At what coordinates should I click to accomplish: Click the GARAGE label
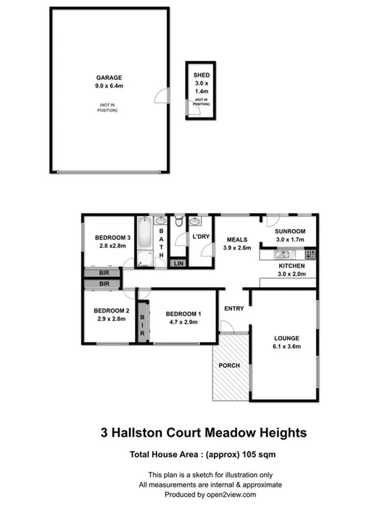109,77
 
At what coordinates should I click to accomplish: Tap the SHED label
200,75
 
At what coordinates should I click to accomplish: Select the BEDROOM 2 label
112,311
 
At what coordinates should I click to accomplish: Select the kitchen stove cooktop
310,255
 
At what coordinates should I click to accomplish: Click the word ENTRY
234,308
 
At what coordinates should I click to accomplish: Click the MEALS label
237,239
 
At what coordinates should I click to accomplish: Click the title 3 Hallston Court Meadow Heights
203,432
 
